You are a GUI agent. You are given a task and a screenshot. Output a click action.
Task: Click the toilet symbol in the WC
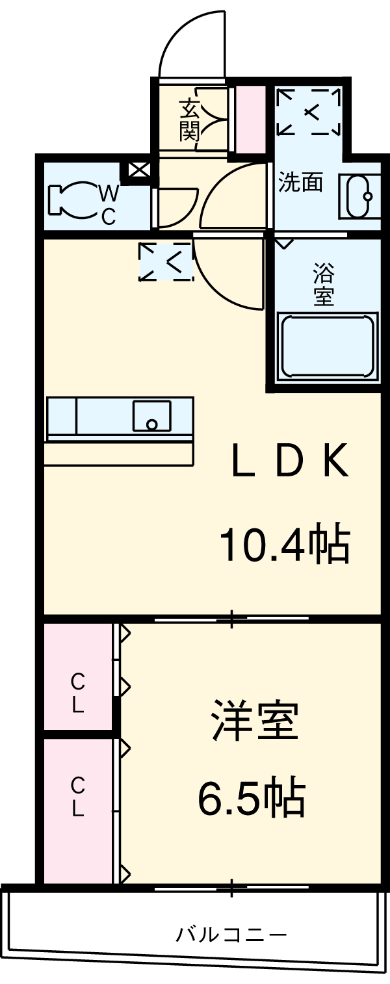73,199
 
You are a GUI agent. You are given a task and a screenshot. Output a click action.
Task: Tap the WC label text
108,204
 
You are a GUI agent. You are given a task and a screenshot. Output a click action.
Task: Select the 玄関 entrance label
189,120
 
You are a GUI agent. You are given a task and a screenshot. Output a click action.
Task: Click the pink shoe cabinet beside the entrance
250,120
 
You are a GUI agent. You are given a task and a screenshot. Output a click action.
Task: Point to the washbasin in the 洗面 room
359,197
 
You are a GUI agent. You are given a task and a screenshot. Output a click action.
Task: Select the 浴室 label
323,284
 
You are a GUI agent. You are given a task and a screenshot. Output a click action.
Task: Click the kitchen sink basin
152,416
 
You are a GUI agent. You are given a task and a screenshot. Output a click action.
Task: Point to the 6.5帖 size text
251,799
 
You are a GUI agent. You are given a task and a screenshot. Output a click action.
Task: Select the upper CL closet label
77,693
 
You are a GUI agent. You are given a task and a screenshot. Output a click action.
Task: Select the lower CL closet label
77,797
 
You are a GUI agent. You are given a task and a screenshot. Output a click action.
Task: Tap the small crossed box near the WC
138,171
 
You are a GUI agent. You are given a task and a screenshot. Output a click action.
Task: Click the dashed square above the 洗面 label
309,112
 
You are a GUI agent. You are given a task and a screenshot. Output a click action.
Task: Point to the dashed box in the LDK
166,261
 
